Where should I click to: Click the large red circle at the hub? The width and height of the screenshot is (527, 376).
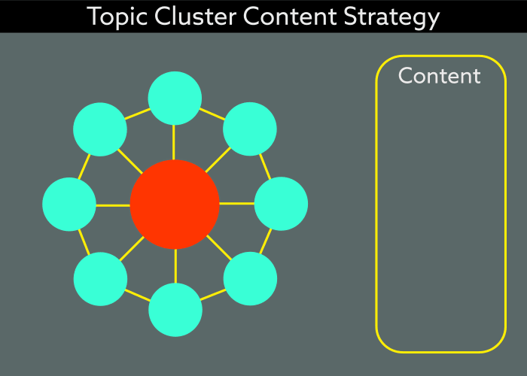[175, 204]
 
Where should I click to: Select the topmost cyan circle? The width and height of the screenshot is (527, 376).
[175, 98]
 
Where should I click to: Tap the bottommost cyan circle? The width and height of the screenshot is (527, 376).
[175, 310]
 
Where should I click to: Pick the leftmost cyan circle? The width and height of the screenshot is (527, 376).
[69, 204]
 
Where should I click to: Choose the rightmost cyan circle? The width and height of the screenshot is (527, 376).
[281, 204]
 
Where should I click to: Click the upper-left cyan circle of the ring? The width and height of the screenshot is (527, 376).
[100, 129]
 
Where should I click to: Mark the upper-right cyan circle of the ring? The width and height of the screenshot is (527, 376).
[250, 129]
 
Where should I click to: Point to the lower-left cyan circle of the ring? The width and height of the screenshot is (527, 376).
[100, 279]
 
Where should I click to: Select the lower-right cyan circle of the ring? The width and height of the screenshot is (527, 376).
[250, 279]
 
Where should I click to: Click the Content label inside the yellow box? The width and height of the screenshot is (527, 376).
[439, 76]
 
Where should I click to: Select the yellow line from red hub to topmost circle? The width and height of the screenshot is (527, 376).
[175, 142]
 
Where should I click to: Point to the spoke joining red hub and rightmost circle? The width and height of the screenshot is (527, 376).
[236, 204]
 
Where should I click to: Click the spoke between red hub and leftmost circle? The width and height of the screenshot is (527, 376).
[113, 205]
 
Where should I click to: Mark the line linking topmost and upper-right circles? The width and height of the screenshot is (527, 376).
[212, 114]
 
